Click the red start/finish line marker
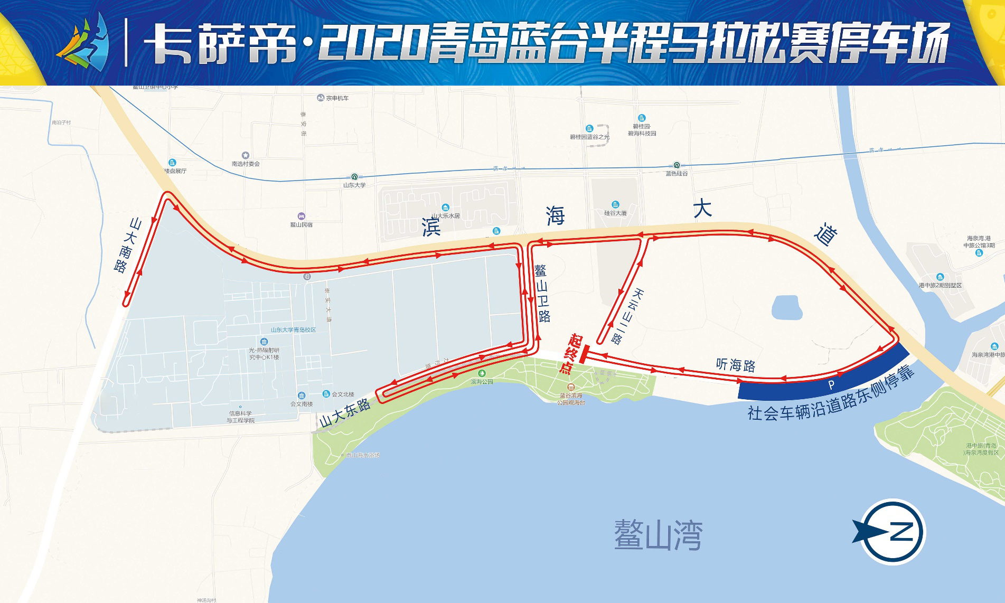[x=583, y=355]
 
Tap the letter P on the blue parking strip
[x=831, y=385]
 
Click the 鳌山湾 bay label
[x=658, y=535]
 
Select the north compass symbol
[x=893, y=531]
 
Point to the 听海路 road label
[x=736, y=365]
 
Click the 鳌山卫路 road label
[x=542, y=293]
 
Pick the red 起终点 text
[x=570, y=354]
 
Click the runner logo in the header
[x=84, y=42]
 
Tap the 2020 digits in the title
[x=372, y=43]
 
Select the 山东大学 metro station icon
[x=354, y=177]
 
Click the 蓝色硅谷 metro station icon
[x=677, y=165]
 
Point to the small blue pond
[x=786, y=307]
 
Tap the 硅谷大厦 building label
[x=615, y=213]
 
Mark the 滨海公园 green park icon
[x=481, y=374]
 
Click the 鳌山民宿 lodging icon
[x=301, y=216]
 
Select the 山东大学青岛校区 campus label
[x=293, y=330]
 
